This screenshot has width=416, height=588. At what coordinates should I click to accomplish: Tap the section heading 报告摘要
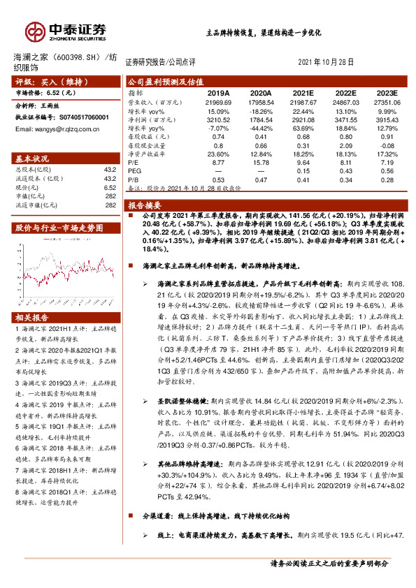point(145,205)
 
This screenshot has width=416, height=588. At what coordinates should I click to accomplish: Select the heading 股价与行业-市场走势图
point(59,228)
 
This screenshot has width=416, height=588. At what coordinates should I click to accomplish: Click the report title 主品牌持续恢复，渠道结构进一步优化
point(263,33)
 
